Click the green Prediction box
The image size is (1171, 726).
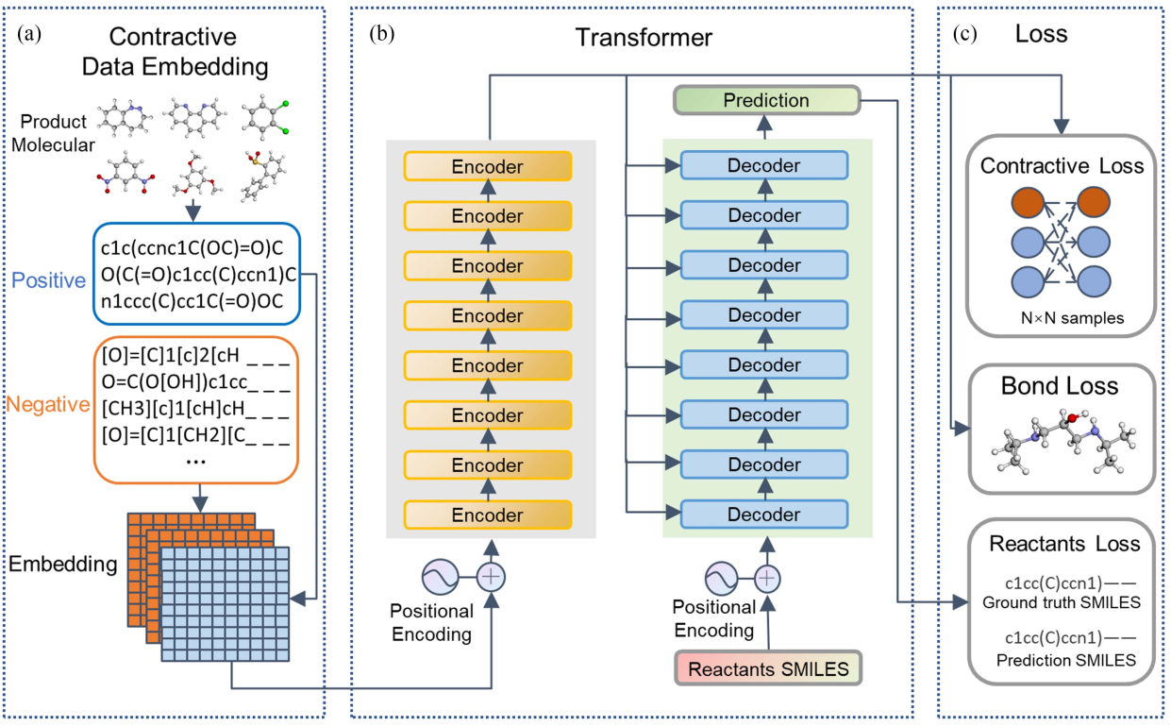pos(765,100)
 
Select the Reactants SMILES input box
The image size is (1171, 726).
pos(768,669)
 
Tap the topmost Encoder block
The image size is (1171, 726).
pos(487,166)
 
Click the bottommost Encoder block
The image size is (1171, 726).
pos(487,515)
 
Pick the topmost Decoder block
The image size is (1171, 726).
pos(764,166)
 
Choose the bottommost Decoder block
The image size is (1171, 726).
pos(764,515)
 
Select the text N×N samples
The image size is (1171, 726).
pos(1063,318)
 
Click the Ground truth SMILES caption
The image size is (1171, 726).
pos(1062,601)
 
